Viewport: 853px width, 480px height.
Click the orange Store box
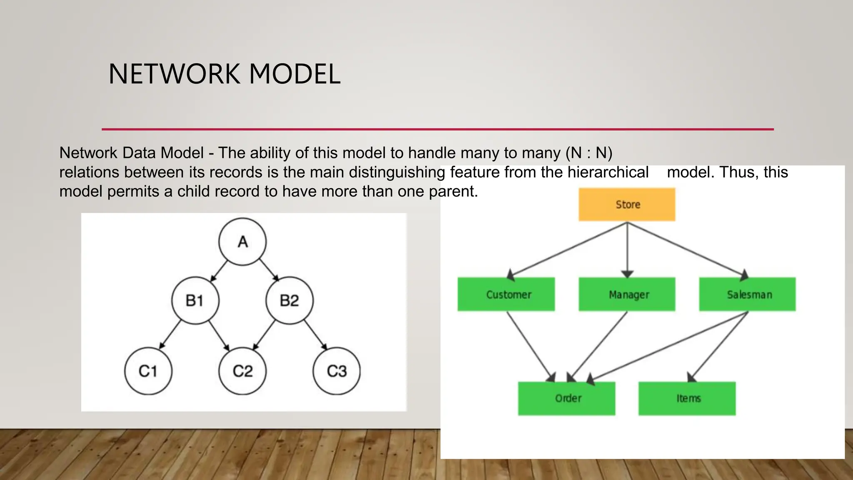coord(627,205)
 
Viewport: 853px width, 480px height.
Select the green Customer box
coord(506,294)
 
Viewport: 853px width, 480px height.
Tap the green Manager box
coord(627,294)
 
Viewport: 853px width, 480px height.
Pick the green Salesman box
coord(747,294)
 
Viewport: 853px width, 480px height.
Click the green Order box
coord(566,398)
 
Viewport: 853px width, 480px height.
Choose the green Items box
coord(687,398)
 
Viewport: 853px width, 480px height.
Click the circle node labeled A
coord(242,242)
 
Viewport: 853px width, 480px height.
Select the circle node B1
coord(195,300)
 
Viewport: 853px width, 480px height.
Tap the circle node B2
coord(289,300)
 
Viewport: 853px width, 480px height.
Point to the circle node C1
coord(148,371)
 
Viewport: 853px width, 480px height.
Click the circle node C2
coord(242,371)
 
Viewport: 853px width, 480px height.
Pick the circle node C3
coord(337,371)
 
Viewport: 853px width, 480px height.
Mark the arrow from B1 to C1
coord(171,335)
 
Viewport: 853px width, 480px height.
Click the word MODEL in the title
coord(294,74)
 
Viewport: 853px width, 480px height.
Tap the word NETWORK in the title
coord(174,74)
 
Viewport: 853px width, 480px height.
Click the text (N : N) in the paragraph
coord(589,153)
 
